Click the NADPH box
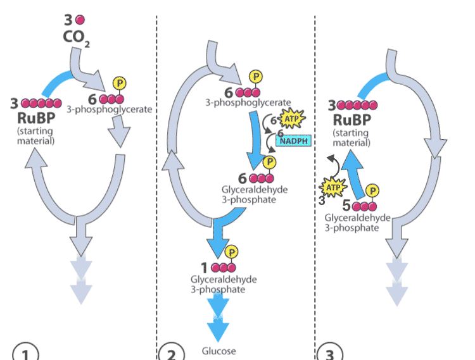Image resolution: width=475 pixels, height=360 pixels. pos(293,141)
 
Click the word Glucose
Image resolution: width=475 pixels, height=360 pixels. pos(218,351)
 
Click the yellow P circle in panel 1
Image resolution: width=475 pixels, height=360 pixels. pos(118,84)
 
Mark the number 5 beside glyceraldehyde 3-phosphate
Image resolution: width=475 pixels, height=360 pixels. pos(346,206)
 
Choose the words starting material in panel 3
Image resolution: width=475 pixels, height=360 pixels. pos(353,138)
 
